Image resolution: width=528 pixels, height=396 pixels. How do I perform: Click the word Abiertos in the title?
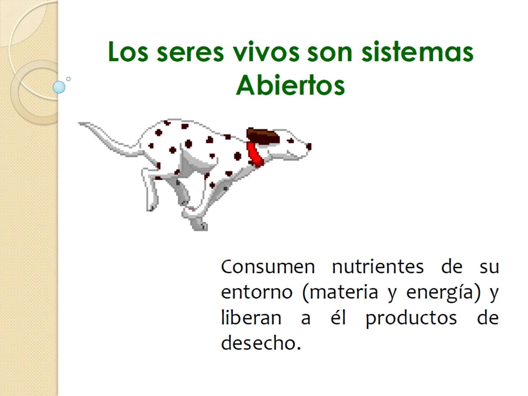(290, 85)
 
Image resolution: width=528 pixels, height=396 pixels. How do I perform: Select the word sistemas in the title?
(417, 52)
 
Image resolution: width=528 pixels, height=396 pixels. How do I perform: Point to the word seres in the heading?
(190, 52)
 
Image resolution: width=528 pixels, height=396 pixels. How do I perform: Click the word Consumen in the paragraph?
(268, 267)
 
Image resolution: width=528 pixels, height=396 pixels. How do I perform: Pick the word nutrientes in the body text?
(378, 267)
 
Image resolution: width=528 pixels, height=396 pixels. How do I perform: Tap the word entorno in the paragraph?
(257, 292)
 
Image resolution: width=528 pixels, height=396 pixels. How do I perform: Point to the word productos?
(411, 318)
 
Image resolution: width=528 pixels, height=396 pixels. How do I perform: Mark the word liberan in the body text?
(251, 318)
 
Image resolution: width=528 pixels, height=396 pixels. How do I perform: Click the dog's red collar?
(255, 154)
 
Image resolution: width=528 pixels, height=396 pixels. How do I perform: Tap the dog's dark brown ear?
(263, 136)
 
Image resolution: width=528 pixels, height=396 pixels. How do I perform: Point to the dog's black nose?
(309, 147)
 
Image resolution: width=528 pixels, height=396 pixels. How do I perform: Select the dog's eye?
(291, 140)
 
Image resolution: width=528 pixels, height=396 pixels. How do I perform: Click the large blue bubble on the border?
(59, 87)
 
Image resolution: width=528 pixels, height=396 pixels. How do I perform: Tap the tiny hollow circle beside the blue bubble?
(68, 79)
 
